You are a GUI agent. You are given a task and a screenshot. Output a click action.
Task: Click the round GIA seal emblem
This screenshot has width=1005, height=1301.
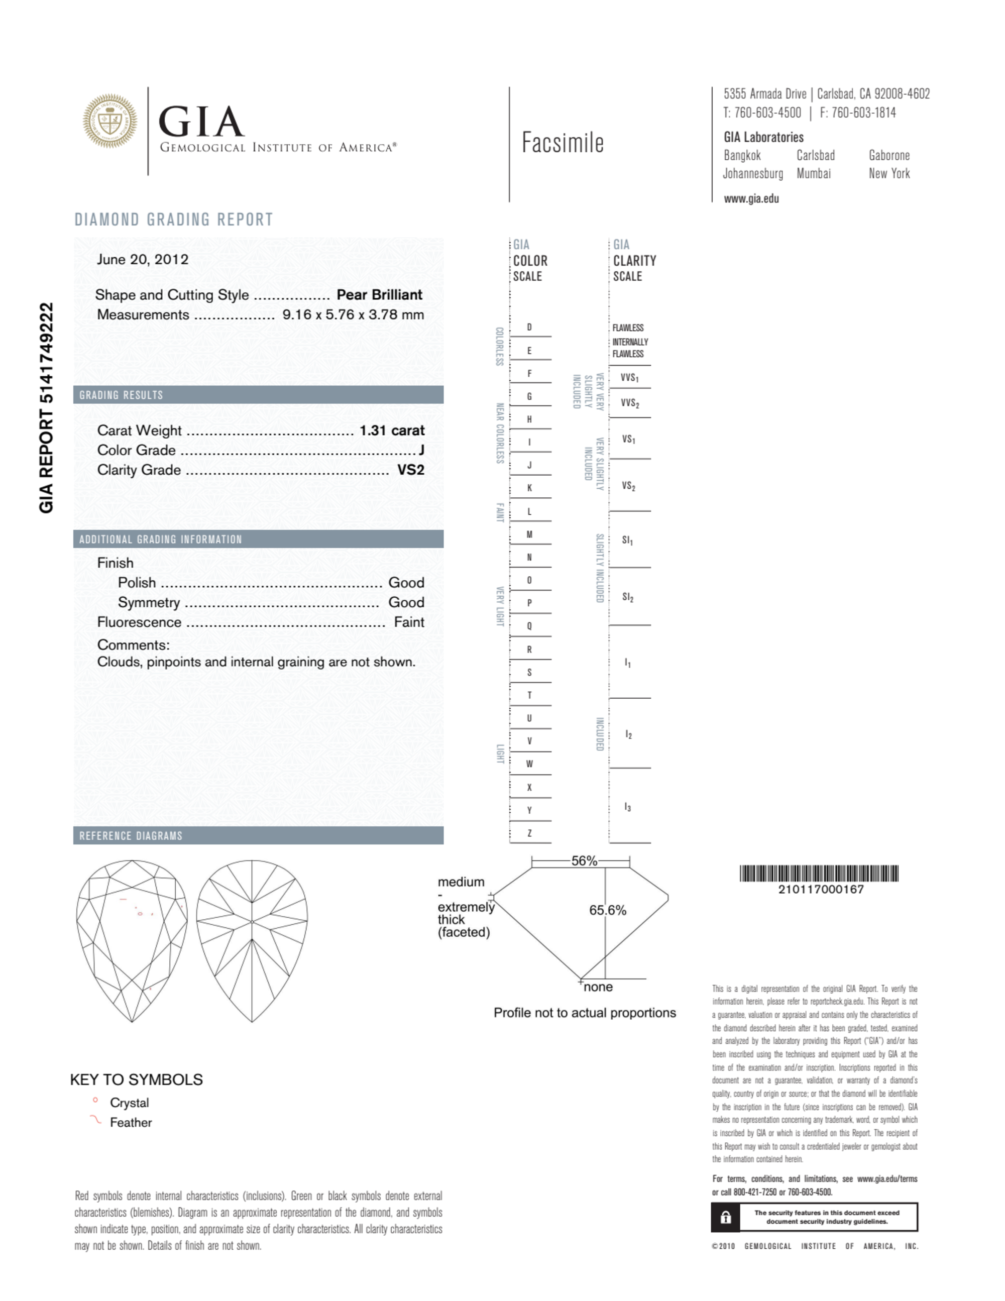point(109,121)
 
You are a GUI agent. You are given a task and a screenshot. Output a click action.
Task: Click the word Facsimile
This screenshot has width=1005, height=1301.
point(563,143)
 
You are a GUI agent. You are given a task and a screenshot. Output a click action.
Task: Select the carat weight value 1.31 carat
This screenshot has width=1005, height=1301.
point(391,430)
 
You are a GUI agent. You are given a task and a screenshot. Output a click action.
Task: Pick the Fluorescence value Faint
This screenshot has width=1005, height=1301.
point(409,622)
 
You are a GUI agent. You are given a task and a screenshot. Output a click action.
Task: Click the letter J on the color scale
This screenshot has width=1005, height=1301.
point(529,465)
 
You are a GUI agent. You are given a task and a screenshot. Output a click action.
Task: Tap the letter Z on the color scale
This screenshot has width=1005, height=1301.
point(529,833)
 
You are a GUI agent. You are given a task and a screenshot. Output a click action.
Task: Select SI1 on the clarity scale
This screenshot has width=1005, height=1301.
point(627,540)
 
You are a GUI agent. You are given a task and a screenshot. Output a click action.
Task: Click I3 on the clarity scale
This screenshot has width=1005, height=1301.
point(627,807)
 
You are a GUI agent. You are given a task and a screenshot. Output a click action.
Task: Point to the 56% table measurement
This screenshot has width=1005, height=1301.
point(583,861)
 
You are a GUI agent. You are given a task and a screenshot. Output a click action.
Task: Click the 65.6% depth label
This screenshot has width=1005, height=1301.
point(608,910)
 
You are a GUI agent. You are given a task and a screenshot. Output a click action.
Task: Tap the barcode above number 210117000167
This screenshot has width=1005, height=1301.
point(819,874)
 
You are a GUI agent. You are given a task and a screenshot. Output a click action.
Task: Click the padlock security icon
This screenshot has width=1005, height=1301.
point(725,1217)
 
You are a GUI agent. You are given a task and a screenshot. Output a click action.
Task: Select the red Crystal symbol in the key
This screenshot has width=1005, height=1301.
point(95,1101)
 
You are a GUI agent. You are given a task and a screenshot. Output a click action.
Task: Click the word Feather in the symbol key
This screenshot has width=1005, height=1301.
point(131,1122)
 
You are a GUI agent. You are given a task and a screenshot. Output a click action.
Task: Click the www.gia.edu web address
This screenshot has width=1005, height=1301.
point(751,199)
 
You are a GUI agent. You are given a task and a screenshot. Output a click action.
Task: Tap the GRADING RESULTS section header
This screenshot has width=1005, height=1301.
point(121,395)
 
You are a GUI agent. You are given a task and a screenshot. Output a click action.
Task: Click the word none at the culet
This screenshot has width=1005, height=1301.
point(598,987)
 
